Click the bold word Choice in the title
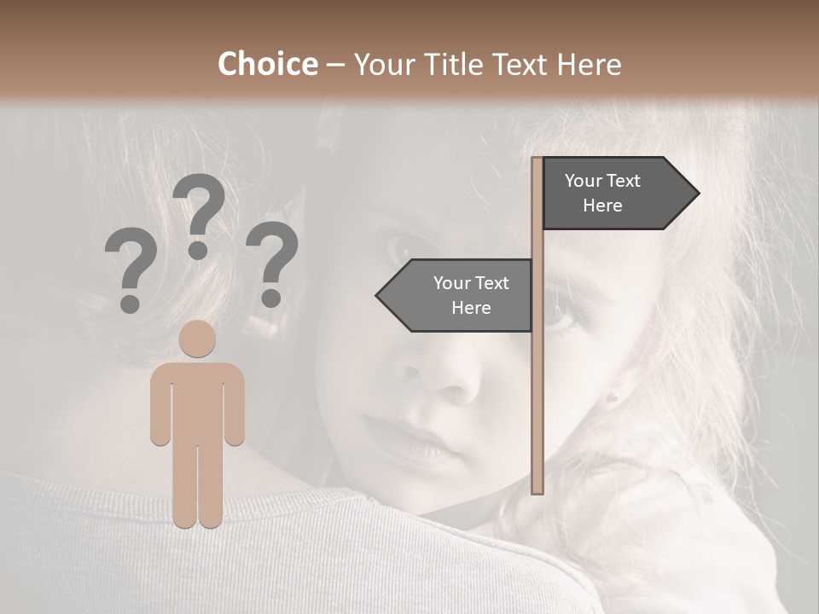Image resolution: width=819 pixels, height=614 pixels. click(x=267, y=64)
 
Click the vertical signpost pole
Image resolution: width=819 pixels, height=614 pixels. click(x=537, y=384)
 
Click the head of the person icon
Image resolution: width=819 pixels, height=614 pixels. click(x=198, y=339)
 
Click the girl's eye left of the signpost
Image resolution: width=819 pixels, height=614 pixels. click(x=401, y=249)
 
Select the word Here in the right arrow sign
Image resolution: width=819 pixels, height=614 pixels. click(x=602, y=206)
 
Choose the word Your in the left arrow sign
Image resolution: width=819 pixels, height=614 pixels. click(x=452, y=283)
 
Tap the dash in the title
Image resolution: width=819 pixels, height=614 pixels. click(x=335, y=64)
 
